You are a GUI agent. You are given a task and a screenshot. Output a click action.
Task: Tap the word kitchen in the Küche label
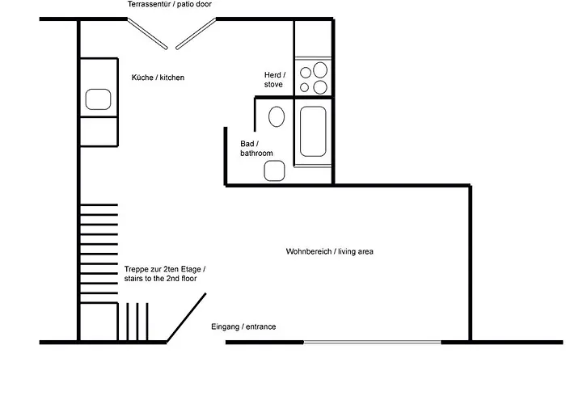pos(172,78)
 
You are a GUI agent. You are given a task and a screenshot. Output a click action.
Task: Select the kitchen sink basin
pos(98,99)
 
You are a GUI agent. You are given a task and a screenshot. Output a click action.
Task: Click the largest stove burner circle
pos(320,70)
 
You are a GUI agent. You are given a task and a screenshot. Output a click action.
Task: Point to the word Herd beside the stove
pos(273,75)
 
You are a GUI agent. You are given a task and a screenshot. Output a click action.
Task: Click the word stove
pos(273,84)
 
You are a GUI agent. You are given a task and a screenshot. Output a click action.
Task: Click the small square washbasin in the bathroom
pos(274,170)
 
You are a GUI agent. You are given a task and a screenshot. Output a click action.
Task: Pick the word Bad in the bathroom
pos(247,144)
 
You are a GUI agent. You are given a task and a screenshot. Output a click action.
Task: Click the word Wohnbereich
pos(309,251)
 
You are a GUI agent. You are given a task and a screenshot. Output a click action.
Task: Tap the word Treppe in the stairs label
pos(135,270)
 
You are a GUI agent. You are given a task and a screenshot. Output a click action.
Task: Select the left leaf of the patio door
pos(148,33)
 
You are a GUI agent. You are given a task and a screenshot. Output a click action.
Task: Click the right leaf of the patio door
pos(196,33)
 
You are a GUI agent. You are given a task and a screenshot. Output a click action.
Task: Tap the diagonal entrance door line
pos(186,318)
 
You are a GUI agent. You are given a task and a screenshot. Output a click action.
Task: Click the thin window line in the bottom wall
pos(372,342)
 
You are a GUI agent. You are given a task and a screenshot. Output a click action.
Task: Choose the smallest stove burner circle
pos(304,87)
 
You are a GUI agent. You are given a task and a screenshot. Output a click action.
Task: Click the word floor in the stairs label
pos(188,279)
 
